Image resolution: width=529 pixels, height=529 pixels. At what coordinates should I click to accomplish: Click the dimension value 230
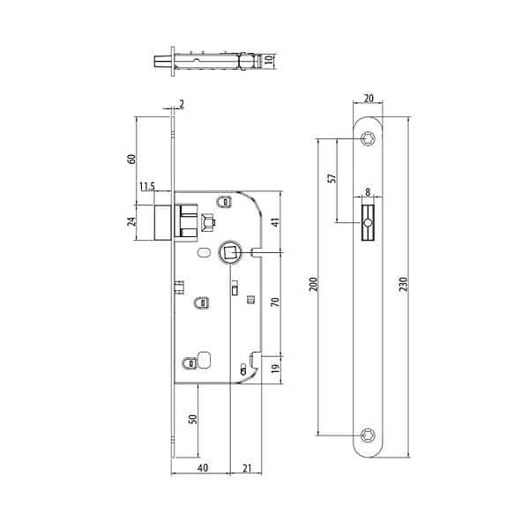click(403, 284)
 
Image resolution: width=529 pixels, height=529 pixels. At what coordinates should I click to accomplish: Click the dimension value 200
click(315, 284)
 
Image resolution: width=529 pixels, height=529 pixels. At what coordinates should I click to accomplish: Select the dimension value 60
click(132, 160)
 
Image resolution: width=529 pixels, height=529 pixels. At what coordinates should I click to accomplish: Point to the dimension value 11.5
click(146, 186)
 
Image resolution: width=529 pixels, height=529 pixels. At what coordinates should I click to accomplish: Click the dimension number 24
click(132, 221)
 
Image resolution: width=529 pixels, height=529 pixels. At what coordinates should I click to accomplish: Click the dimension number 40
click(202, 467)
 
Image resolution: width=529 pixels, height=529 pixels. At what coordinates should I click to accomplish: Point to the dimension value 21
click(246, 467)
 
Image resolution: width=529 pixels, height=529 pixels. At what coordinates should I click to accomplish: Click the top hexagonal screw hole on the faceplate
click(369, 138)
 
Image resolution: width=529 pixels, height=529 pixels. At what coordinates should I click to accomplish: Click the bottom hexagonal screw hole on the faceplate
click(369, 435)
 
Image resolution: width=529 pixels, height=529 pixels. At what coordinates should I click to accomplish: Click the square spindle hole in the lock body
click(228, 253)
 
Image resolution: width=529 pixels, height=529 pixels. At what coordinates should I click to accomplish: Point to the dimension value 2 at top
click(181, 105)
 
